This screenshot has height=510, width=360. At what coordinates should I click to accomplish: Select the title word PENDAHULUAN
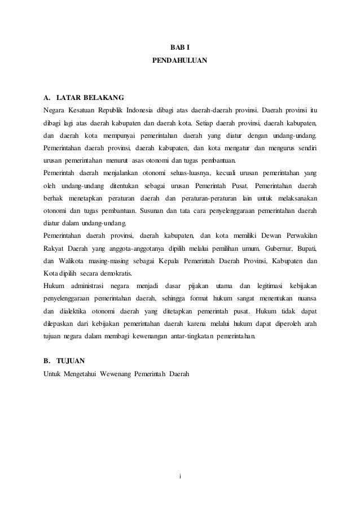(x=180, y=59)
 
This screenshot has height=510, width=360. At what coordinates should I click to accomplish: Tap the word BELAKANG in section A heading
(x=104, y=96)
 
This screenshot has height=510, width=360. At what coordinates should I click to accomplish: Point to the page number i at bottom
(x=180, y=478)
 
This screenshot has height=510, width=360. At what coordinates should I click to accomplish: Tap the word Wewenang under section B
(x=114, y=373)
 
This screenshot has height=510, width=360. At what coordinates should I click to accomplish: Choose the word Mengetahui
(x=78, y=373)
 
